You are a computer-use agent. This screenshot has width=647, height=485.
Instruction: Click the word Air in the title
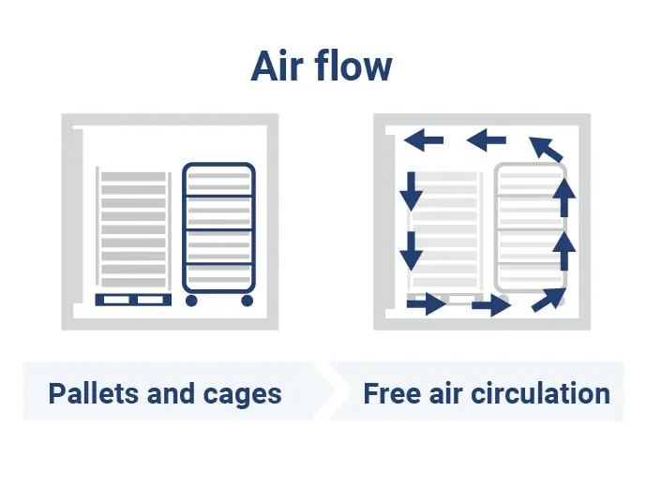click(277, 66)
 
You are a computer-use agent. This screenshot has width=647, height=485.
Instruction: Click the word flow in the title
click(354, 66)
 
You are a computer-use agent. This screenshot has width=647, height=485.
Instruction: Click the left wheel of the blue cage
click(191, 301)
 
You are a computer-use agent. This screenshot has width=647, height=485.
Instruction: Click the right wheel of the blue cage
click(248, 301)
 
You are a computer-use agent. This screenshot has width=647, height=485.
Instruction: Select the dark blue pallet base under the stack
click(133, 300)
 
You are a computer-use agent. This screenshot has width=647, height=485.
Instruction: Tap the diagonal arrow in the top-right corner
click(546, 149)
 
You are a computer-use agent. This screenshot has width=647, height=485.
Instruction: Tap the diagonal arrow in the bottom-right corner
click(549, 300)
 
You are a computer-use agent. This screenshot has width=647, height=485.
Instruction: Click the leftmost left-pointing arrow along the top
click(424, 140)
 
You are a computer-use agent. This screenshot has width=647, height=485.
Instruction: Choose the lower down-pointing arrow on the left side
click(411, 251)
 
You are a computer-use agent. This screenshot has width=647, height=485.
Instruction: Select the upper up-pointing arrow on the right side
click(564, 197)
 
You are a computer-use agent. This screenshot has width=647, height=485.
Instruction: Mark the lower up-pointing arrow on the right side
click(564, 251)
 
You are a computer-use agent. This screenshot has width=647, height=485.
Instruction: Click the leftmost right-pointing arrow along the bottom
click(427, 304)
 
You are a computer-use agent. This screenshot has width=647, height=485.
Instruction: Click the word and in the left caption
click(171, 393)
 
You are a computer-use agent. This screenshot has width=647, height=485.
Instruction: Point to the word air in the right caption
click(445, 393)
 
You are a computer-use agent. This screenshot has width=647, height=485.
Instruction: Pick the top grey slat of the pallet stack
click(133, 177)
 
